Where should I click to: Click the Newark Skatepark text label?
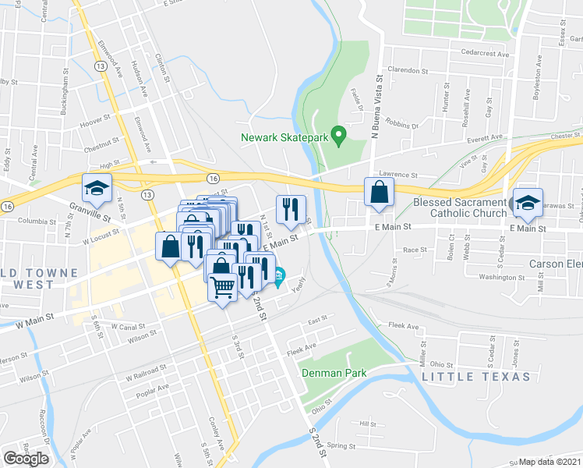pos(284,137)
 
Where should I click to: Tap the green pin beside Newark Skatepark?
pos(338,136)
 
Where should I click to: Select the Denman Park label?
pos(335,373)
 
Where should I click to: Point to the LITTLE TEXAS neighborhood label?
pos(476,377)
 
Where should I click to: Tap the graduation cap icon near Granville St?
pos(97,189)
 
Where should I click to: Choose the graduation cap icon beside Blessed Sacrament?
pos(528,204)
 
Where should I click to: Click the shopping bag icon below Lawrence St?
pos(379,193)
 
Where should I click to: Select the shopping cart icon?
pos(223,287)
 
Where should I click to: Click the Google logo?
pos(26,459)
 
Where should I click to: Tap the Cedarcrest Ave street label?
pos(484,55)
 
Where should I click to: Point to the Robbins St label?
pos(401,124)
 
